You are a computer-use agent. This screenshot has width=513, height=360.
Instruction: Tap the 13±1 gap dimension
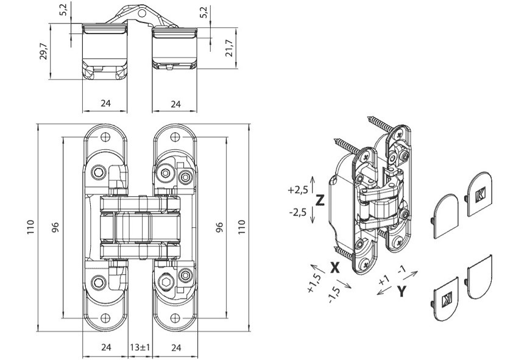(140, 348)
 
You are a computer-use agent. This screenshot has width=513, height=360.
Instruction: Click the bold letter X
(334, 267)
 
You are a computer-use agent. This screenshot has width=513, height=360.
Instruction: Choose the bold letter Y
(401, 291)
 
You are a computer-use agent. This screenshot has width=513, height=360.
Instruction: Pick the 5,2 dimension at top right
(203, 12)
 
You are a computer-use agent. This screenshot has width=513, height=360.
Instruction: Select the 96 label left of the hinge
(55, 227)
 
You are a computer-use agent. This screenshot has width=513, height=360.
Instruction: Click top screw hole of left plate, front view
(107, 136)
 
